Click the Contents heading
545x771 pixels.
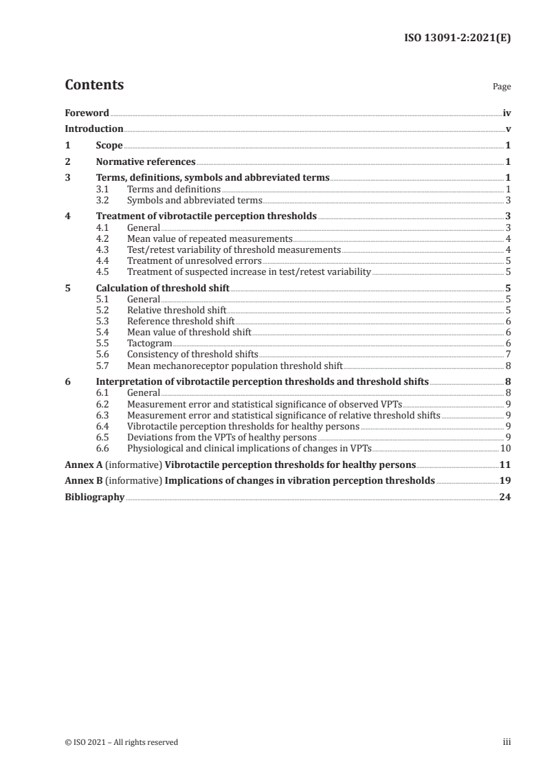pyautogui.click(x=94, y=85)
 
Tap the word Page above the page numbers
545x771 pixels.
pyautogui.click(x=502, y=87)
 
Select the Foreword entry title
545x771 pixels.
pyautogui.click(x=87, y=113)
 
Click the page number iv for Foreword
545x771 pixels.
pyautogui.click(x=507, y=113)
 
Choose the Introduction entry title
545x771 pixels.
pyautogui.click(x=94, y=129)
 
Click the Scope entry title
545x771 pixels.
pyautogui.click(x=109, y=146)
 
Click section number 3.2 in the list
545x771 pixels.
pyautogui.click(x=103, y=201)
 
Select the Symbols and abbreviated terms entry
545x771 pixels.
pyautogui.click(x=194, y=201)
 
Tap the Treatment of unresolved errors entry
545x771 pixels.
pyautogui.click(x=194, y=261)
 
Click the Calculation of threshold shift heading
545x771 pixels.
pyautogui.click(x=163, y=289)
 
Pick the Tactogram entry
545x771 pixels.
pyautogui.click(x=150, y=343)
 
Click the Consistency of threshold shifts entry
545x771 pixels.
pyautogui.click(x=192, y=354)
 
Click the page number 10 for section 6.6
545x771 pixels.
pyautogui.click(x=505, y=447)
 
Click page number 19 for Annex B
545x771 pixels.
pyautogui.click(x=504, y=481)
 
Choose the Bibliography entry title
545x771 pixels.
pyautogui.click(x=94, y=498)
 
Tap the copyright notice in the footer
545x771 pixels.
pyautogui.click(x=122, y=742)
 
